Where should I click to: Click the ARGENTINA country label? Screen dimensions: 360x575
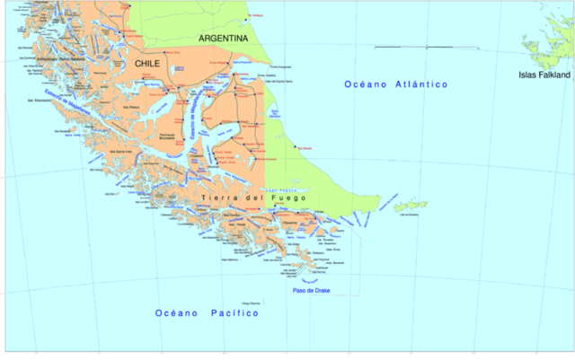(x=223, y=40)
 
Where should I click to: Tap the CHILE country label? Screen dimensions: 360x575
(x=147, y=65)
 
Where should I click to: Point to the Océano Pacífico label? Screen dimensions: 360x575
(x=207, y=313)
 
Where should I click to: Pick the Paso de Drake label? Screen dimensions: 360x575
(x=312, y=291)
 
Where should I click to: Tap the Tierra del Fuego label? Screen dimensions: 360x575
(x=254, y=198)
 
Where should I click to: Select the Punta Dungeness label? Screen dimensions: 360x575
(x=281, y=67)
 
